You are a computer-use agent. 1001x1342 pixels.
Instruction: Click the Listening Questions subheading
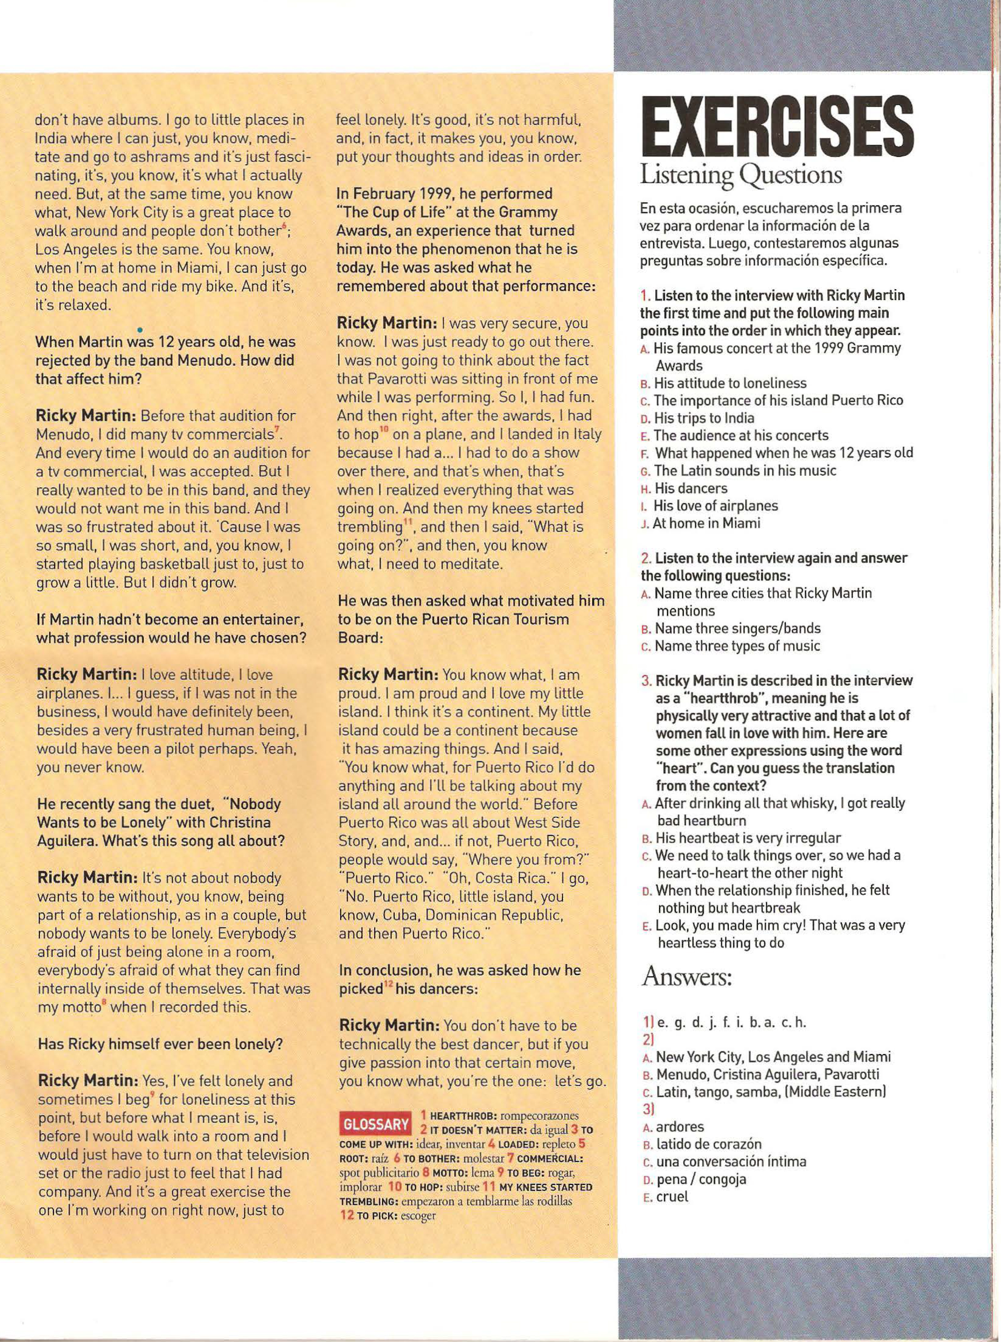pos(741,175)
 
